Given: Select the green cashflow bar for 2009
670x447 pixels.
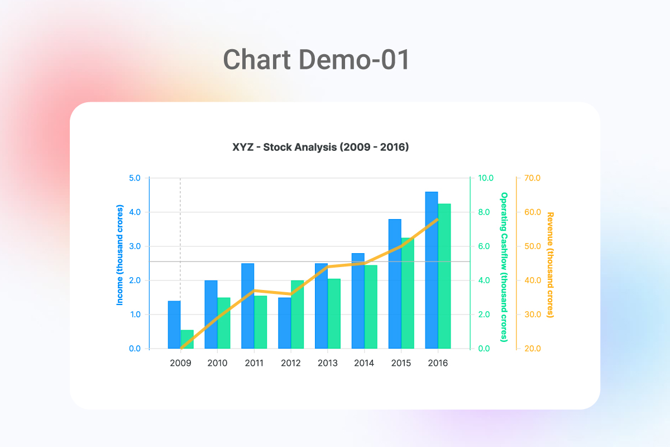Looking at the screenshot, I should [187, 339].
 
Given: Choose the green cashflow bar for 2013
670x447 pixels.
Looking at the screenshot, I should [334, 313].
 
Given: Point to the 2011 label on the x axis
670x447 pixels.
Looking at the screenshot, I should [254, 363].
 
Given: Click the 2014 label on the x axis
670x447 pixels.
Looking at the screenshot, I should [364, 363].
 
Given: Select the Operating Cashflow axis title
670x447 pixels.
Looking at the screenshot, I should [504, 267].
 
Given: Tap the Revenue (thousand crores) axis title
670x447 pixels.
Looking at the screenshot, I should [550, 265].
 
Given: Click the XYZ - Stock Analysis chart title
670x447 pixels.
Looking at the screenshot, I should [320, 148].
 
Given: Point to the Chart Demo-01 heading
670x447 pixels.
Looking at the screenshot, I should [317, 60].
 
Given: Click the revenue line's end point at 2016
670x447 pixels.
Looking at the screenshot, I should [438, 219].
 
